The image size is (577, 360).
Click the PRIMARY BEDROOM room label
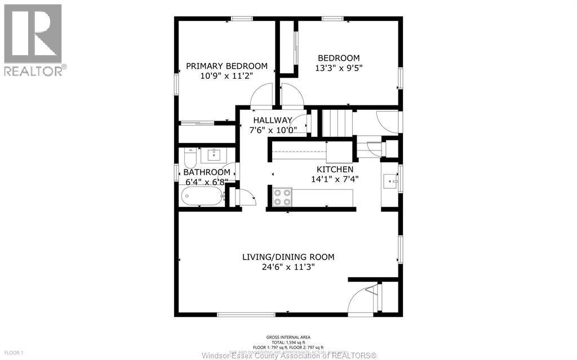coord(227,66)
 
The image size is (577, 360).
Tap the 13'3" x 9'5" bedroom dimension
coord(338,69)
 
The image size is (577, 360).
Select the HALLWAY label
coord(272,120)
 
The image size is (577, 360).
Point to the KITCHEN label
coord(335,169)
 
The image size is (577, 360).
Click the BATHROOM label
coord(206,172)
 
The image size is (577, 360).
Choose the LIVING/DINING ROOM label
coord(288,257)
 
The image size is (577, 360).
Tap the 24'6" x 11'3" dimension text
coord(288,268)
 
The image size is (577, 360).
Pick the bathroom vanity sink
coord(214,154)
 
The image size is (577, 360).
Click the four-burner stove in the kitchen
coord(282,197)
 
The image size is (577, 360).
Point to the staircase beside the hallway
coord(336,122)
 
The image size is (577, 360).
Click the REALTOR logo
coord(33,40)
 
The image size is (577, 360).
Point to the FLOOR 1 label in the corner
coord(14,353)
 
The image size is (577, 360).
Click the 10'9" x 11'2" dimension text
coord(227,76)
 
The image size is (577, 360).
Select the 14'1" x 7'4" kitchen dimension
coord(335,179)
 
